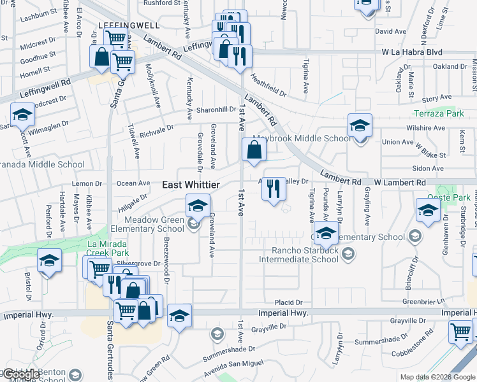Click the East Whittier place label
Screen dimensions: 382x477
click(x=191, y=185)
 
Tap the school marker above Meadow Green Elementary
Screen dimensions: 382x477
click(x=198, y=206)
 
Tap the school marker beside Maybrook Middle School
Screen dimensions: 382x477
click(x=360, y=125)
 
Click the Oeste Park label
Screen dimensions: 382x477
click(x=457, y=197)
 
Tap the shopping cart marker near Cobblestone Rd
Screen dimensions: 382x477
click(x=460, y=331)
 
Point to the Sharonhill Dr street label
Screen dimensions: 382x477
click(x=216, y=110)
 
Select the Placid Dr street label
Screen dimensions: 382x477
click(x=288, y=302)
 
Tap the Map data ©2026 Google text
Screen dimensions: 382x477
click(x=437, y=377)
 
